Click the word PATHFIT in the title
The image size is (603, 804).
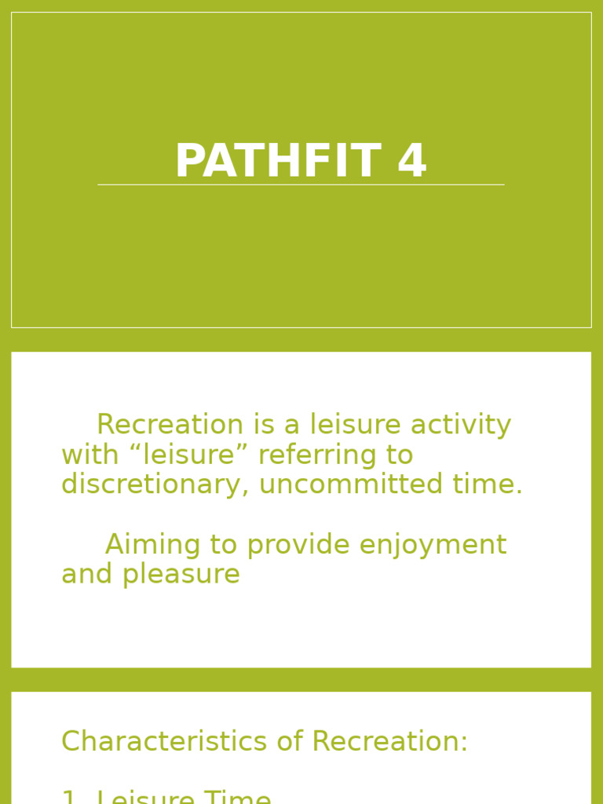277,162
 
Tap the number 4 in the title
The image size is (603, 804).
411,162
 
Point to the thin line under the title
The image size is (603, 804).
301,185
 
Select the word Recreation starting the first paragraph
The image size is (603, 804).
170,425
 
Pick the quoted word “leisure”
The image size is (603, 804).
189,455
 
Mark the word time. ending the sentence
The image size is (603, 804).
488,484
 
